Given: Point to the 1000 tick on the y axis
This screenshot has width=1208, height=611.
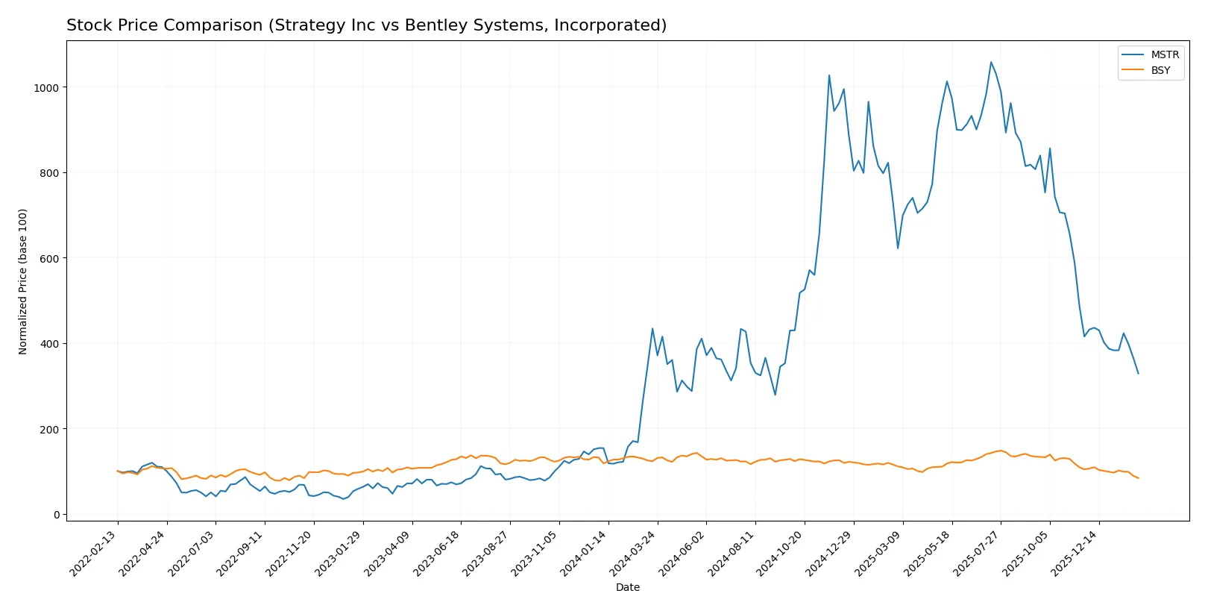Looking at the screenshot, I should tap(45, 88).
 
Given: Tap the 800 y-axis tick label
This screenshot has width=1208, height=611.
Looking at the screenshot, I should tap(49, 173).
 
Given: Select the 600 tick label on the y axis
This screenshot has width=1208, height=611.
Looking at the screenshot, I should tap(49, 259).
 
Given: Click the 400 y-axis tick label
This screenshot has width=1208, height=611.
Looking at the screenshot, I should tap(49, 344).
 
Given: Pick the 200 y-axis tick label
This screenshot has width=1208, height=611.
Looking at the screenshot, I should tap(49, 430).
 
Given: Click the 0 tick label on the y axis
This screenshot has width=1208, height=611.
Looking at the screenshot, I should tap(56, 515).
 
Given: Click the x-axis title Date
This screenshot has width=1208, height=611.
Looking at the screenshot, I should tap(627, 588).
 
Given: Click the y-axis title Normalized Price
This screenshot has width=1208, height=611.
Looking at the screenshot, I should tap(23, 281).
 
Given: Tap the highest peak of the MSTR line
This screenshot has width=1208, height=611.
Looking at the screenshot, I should tap(991, 62).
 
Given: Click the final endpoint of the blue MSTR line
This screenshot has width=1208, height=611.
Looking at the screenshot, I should tap(1138, 373).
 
